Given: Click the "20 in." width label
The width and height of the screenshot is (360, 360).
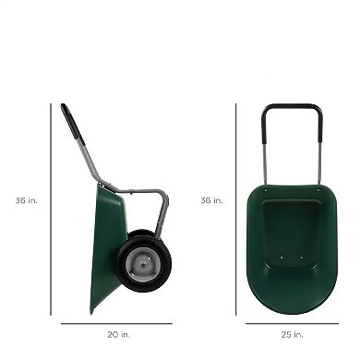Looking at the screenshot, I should click(115, 334).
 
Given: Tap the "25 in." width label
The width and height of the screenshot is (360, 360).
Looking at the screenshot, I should click(292, 334).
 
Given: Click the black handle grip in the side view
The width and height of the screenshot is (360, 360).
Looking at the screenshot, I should click(72, 124).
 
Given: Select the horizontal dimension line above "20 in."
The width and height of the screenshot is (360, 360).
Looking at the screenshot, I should click(116, 323).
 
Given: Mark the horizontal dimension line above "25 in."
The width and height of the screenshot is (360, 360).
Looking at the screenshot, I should click(292, 323).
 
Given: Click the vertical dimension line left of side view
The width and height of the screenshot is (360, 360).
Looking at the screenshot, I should click(51, 209).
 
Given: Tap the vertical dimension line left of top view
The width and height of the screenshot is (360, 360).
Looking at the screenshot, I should click(235, 209).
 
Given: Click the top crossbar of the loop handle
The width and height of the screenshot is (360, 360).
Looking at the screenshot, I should click(292, 107).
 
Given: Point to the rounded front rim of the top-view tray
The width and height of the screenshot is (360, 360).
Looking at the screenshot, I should click(292, 308).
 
